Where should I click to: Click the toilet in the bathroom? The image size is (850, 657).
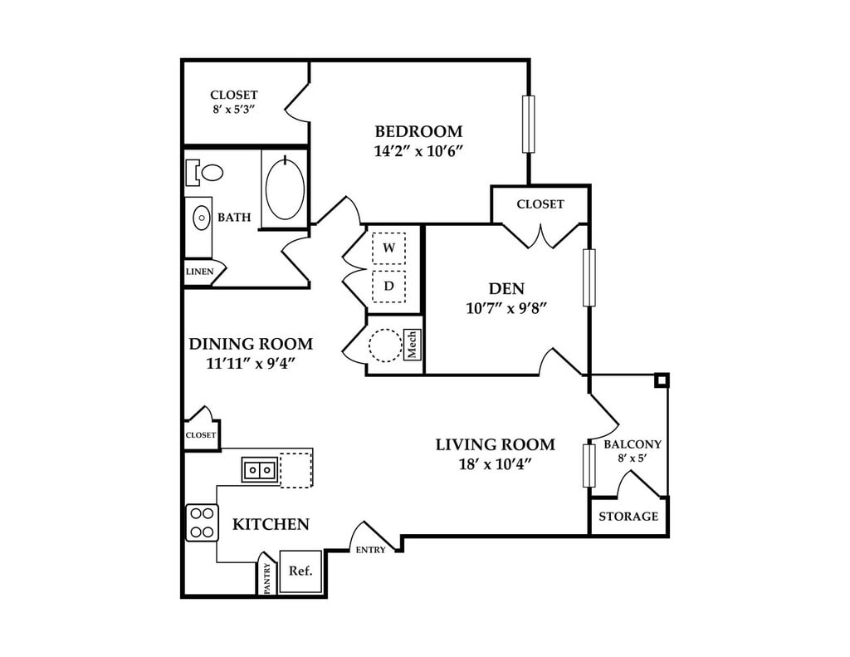click(x=208, y=173)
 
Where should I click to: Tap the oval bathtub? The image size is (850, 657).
click(x=284, y=189)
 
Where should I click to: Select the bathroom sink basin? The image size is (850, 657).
click(x=201, y=218)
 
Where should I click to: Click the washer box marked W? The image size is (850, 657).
click(x=388, y=248)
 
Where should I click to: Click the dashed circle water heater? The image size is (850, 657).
click(x=385, y=345)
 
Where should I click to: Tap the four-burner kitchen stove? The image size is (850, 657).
click(x=201, y=522)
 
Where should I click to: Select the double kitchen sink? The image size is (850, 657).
click(x=259, y=470)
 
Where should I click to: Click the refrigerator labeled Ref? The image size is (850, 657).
click(x=300, y=571)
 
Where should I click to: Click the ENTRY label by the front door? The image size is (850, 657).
click(x=370, y=550)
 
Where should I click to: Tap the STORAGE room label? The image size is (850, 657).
click(x=628, y=517)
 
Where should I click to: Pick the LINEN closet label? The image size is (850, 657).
click(x=199, y=272)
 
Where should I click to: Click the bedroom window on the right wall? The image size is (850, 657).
click(x=528, y=125)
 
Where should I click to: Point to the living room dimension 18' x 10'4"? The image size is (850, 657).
click(x=495, y=463)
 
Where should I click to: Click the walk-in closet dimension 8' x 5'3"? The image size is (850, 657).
click(x=233, y=109)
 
